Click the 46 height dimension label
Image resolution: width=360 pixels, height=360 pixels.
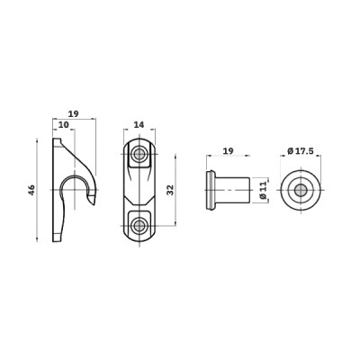31,190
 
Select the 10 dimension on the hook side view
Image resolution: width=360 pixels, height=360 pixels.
64,125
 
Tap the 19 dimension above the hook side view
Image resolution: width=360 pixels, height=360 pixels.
73,114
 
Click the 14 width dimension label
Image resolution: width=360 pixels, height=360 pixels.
139,124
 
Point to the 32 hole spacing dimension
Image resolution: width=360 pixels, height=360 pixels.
170,190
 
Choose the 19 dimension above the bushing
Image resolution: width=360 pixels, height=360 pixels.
229,150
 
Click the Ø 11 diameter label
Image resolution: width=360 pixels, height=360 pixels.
263,190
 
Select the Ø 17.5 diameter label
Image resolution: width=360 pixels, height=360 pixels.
301,151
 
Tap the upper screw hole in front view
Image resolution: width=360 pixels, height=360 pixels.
139,155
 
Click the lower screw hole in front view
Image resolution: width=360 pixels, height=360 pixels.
139,225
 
